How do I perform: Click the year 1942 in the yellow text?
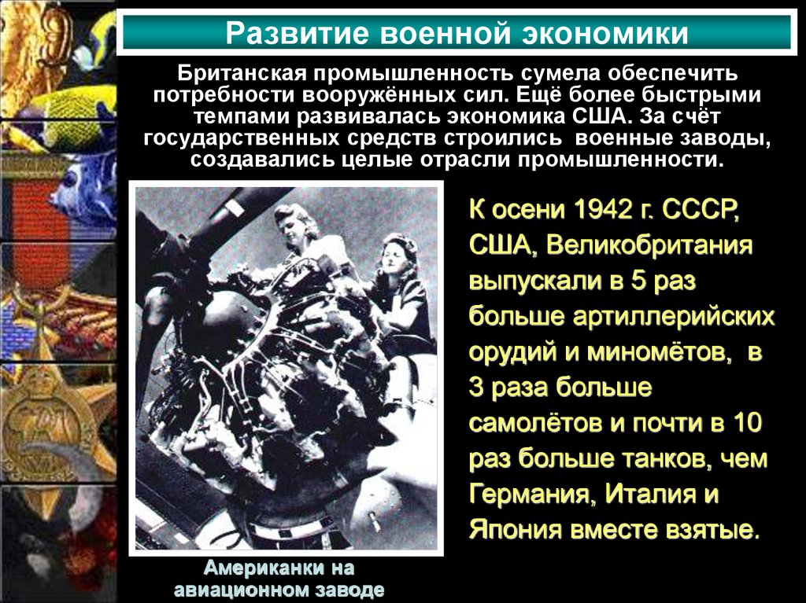point(612,211)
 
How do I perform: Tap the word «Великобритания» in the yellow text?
point(650,245)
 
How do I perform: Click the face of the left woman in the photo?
point(294,228)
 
